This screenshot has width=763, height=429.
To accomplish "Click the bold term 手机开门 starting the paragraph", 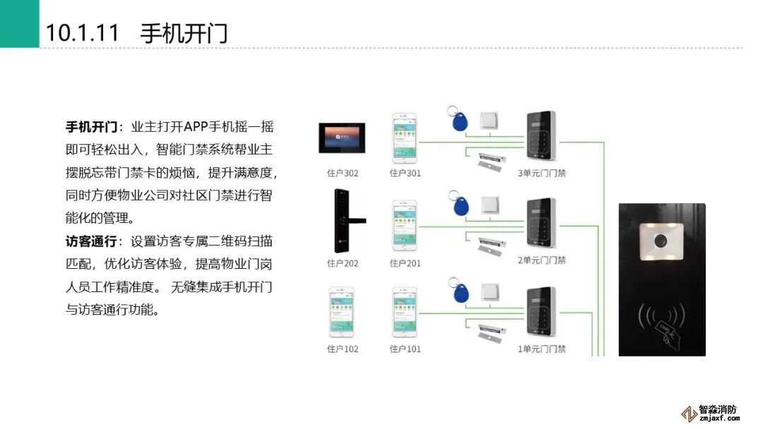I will click(91, 128).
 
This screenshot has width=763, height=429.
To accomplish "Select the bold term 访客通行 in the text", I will click(91, 241).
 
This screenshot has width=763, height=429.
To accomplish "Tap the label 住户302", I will click(343, 173).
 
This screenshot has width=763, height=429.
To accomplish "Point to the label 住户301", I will click(405, 173).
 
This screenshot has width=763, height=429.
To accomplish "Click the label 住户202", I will click(343, 263).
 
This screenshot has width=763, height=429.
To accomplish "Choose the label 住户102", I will click(343, 349).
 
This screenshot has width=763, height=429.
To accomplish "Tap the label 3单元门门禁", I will click(542, 173).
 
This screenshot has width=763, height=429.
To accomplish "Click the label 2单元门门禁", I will click(542, 260).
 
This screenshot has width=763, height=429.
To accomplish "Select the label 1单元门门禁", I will click(542, 349).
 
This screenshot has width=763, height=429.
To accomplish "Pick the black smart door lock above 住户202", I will click(341, 220).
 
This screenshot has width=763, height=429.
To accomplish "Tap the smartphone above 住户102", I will click(342, 311).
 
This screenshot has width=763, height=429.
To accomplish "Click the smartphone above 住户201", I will click(405, 225).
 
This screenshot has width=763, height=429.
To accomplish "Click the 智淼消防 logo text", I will click(717, 410).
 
